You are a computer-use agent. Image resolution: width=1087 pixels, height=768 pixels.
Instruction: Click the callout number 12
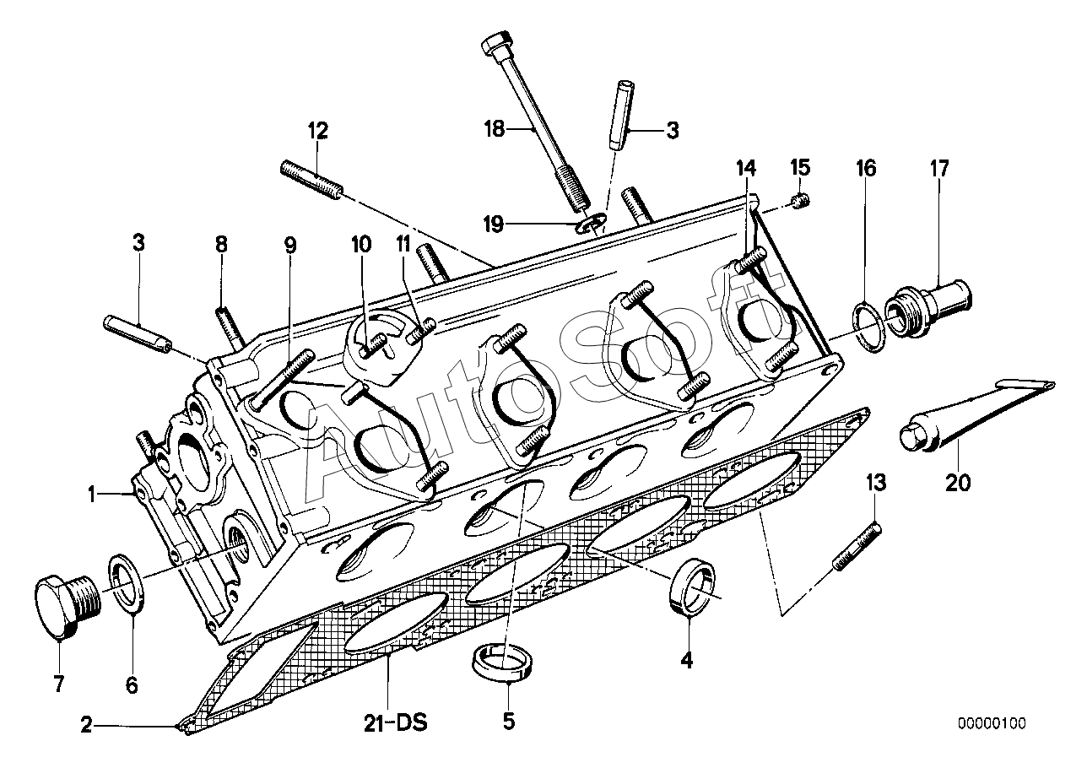click(x=318, y=131)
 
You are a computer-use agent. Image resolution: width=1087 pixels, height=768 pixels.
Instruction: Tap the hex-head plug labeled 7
click(x=68, y=607)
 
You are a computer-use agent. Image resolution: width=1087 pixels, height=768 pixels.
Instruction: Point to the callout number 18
click(x=495, y=129)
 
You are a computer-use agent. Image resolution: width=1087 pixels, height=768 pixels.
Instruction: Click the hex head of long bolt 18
click(x=497, y=45)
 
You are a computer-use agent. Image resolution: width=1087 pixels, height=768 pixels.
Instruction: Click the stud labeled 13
click(x=857, y=546)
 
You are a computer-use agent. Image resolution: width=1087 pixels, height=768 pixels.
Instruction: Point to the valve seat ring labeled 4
click(x=692, y=587)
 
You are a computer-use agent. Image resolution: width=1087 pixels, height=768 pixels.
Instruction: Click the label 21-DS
click(x=396, y=724)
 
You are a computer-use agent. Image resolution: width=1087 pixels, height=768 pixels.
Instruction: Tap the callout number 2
click(x=86, y=727)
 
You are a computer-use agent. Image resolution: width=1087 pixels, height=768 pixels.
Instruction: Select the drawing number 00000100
click(x=992, y=724)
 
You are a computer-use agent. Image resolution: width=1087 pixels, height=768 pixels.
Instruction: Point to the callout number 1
click(x=91, y=495)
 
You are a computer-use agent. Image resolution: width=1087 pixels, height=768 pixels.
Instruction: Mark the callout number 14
click(x=746, y=168)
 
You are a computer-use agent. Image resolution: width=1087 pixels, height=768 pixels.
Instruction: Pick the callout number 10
click(x=361, y=245)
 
